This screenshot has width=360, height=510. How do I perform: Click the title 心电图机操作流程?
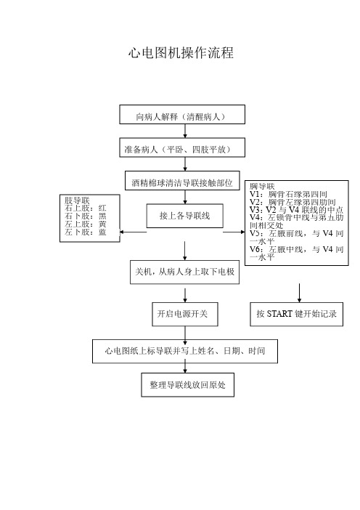(x=181, y=53)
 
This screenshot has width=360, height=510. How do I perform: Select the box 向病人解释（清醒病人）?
(x=182, y=115)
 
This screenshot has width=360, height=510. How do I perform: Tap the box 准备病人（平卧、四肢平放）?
(x=182, y=147)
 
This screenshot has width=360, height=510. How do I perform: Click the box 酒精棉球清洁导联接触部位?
(x=182, y=180)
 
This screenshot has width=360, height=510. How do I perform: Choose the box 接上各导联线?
(x=185, y=216)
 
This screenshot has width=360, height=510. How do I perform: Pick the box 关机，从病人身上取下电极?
(x=185, y=272)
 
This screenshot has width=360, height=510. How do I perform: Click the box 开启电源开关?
(x=185, y=314)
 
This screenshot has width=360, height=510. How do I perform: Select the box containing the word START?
(x=296, y=314)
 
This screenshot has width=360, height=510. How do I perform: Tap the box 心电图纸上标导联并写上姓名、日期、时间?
(x=185, y=352)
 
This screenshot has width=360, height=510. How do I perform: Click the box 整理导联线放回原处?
(x=187, y=385)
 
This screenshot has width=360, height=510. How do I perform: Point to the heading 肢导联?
(x=77, y=200)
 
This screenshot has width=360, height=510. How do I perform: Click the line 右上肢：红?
(x=85, y=209)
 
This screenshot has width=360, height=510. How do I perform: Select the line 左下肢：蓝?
(x=85, y=232)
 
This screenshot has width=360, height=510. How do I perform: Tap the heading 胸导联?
(x=262, y=187)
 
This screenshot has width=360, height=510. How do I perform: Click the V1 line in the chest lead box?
(x=288, y=194)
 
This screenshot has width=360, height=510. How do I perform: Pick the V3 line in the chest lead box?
(x=296, y=210)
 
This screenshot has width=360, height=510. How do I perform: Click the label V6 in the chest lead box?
(x=255, y=249)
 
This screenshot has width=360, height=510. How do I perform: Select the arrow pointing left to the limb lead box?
(x=134, y=232)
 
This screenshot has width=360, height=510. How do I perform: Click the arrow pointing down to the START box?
(x=299, y=293)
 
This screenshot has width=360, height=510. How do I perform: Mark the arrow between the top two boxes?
(x=185, y=131)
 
